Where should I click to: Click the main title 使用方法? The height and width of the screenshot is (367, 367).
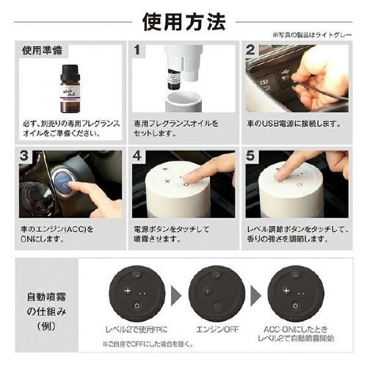coord(183,21)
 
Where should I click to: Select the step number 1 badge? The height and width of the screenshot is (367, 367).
coord(137,52)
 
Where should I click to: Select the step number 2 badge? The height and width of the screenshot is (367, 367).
coord(250,52)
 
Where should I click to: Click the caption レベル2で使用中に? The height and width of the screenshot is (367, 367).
coord(138,330)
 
